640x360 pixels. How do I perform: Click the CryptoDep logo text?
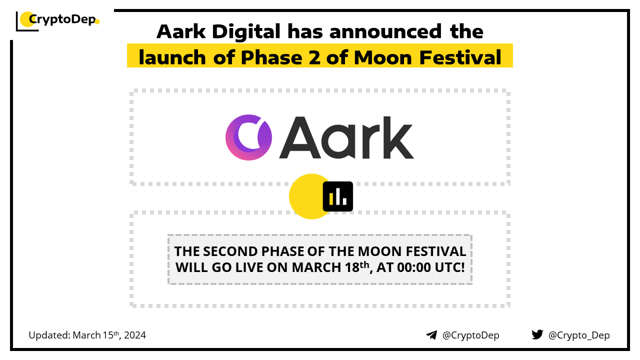pos(62,19)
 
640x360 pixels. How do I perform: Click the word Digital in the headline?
pos(246,31)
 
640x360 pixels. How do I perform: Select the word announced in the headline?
pos(385,31)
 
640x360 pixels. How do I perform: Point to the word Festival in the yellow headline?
pos(460,57)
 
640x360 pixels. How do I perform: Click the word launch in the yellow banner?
pos(172,57)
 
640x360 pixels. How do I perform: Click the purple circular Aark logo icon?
pos(248,137)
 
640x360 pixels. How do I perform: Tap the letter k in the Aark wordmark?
pos(398,137)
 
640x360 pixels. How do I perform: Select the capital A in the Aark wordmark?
pos(300,137)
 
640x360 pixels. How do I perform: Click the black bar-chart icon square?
pos(337,196)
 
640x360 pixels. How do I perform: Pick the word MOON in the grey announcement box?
pos(380,251)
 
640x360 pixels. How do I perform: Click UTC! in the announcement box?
pos(449,267)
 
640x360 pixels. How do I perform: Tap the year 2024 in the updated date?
pos(135,335)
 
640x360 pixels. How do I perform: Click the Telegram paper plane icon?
pos(431,335)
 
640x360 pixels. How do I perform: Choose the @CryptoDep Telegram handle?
pos(471,335)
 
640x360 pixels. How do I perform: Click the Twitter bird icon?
pos(537,334)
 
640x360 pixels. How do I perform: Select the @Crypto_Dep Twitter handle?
pos(579,335)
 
